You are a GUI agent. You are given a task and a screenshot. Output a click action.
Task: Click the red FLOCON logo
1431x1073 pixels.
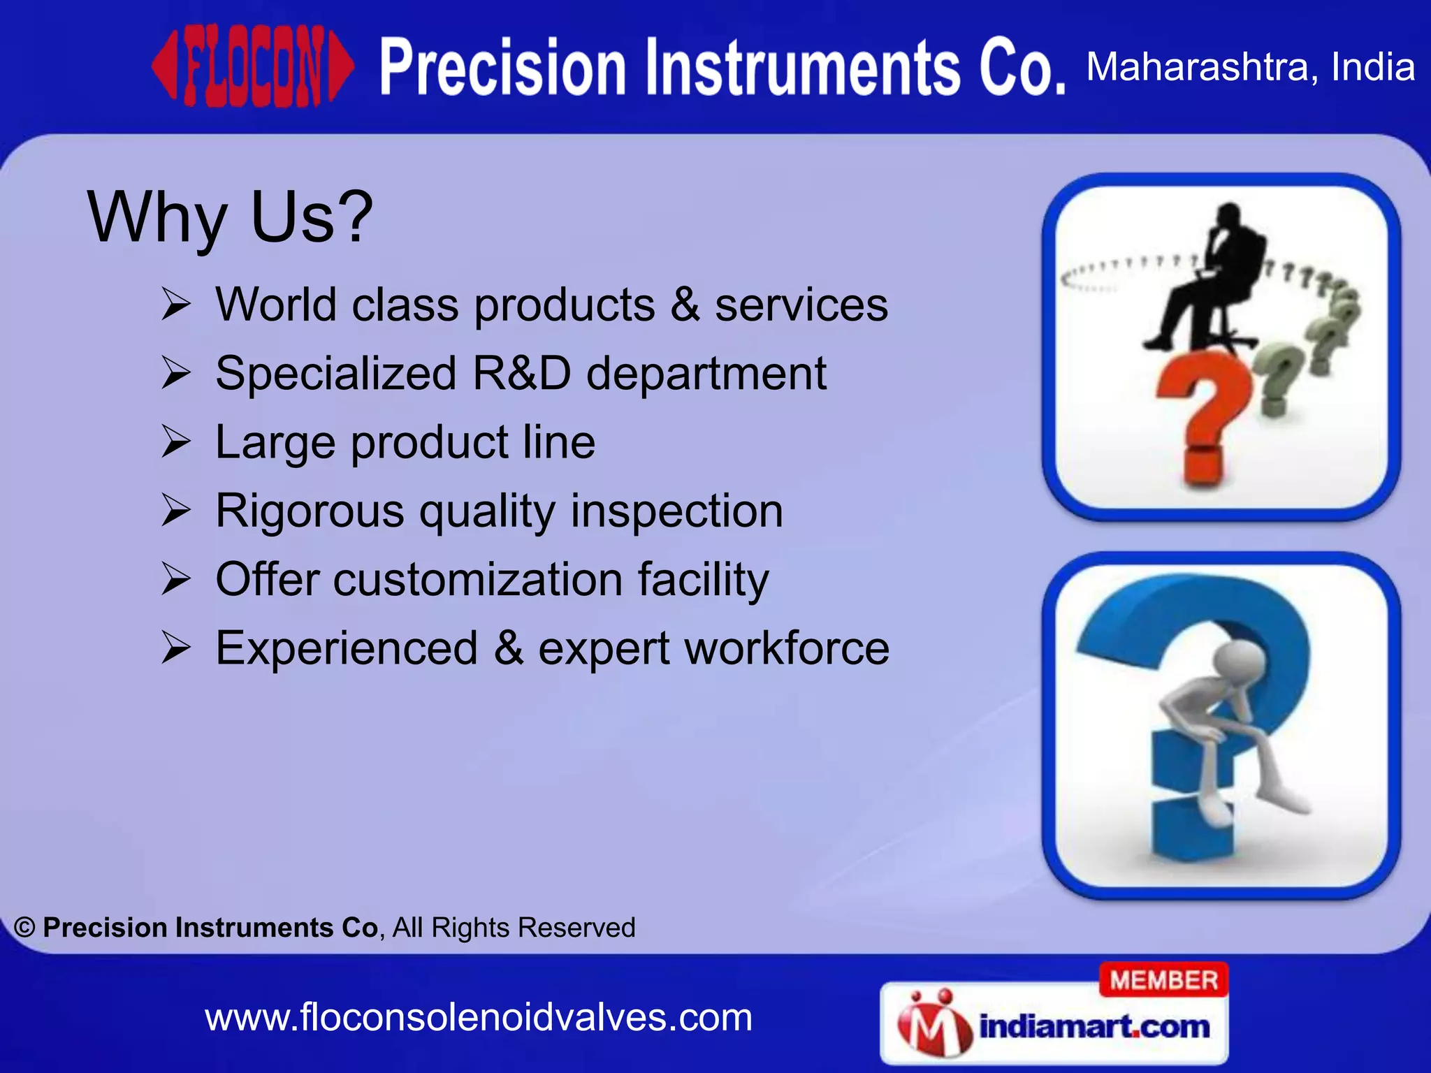pyautogui.click(x=253, y=68)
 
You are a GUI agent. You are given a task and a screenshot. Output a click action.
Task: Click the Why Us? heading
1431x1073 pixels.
pyautogui.click(x=230, y=217)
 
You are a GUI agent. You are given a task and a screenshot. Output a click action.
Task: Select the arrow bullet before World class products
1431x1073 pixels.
pyautogui.click(x=175, y=305)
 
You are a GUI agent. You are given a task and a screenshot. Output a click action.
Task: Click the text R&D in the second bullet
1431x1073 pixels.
pyautogui.click(x=521, y=373)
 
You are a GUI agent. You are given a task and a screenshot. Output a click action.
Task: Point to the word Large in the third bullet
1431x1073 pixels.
pyautogui.click(x=275, y=442)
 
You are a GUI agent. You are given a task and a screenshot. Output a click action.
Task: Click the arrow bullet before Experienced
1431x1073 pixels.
pyautogui.click(x=175, y=648)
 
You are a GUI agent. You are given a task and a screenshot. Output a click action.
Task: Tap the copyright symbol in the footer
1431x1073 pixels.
pyautogui.click(x=25, y=928)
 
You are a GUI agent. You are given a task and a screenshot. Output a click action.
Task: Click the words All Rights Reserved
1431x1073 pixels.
pyautogui.click(x=514, y=928)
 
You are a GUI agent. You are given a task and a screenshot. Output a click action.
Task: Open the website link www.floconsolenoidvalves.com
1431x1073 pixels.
pyautogui.click(x=479, y=1018)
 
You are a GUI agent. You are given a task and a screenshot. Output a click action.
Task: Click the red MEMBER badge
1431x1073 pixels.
pyautogui.click(x=1163, y=980)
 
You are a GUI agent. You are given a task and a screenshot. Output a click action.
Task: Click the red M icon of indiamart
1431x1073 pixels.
pyautogui.click(x=934, y=1025)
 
